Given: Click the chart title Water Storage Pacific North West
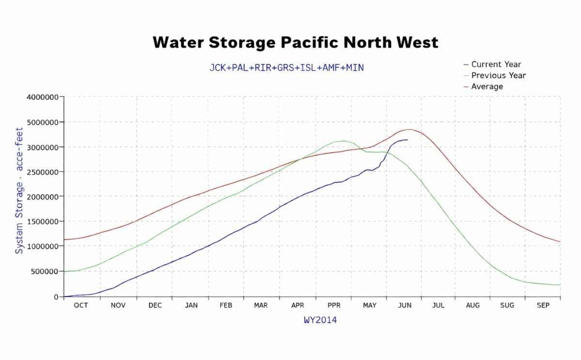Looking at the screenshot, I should point(295,43).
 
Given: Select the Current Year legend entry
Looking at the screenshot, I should point(496,64).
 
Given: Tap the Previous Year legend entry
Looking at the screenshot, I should point(498,76).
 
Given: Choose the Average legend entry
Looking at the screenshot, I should point(487,87).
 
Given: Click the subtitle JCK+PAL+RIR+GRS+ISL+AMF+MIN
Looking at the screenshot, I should point(286,68).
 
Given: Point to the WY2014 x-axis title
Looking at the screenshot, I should point(320,320).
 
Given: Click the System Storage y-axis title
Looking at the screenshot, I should point(19,190).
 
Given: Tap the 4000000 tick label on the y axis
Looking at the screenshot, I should point(43,97).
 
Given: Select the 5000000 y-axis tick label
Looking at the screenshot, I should point(43,122).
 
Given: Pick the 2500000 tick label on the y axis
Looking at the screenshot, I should point(43,172).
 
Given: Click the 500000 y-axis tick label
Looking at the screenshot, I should point(45,271).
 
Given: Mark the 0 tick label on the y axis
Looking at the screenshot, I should point(56,297).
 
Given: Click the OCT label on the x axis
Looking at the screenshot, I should point(81,306).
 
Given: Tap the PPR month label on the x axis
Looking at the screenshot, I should point(334,306).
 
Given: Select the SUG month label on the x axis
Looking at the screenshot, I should point(507,306).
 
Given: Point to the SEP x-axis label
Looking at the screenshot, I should point(543,306).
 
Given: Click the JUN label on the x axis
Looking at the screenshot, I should point(404,306).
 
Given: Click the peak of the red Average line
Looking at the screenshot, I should point(409,129).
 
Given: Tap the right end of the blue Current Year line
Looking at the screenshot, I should point(407,140).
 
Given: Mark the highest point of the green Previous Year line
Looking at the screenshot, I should point(343,141).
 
